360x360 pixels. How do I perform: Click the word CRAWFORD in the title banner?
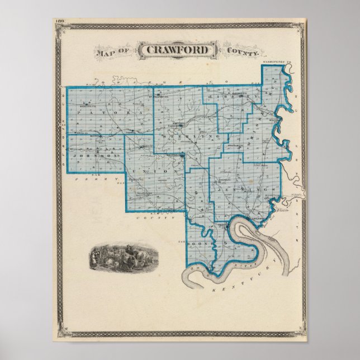[x=178, y=50]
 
